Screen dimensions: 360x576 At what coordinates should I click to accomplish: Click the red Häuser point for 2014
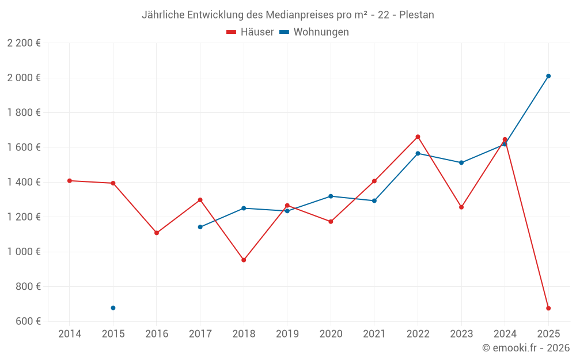tap(70, 181)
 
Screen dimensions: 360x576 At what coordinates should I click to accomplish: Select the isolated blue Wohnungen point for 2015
tap(113, 308)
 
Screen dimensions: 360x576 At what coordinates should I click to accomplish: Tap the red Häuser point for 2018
tap(244, 260)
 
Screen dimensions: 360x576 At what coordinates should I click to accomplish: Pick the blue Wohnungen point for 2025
tap(548, 76)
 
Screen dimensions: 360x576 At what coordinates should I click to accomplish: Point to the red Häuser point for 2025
tap(548, 308)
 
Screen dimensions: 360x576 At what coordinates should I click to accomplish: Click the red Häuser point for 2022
tap(418, 137)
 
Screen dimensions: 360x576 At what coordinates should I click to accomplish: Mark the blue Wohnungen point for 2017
tap(200, 227)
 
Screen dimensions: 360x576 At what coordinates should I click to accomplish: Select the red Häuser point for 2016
tap(157, 233)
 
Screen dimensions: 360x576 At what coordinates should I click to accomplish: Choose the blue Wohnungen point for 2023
tap(461, 162)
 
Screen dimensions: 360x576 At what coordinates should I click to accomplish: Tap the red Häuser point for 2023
tap(461, 207)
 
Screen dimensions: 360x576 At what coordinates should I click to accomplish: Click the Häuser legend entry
tap(251, 32)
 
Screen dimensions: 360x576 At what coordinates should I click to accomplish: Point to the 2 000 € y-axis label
tap(24, 78)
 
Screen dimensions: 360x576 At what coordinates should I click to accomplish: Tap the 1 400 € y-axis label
tap(24, 182)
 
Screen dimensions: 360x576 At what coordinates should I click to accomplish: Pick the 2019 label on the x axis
tap(287, 334)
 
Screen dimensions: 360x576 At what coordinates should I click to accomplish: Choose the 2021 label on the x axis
tap(374, 334)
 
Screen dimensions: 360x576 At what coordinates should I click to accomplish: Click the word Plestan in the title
tap(415, 15)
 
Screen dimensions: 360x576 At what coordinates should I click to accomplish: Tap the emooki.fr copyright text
tap(525, 348)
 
